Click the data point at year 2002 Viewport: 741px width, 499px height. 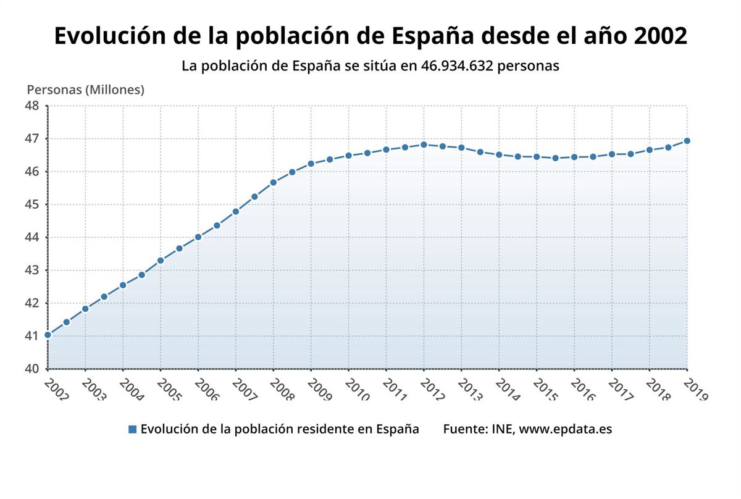[x=48, y=335]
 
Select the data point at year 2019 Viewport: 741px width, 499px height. [x=687, y=141]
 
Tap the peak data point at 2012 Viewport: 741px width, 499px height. [x=424, y=145]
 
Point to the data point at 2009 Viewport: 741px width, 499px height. [x=311, y=164]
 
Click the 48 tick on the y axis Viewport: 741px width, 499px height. [x=32, y=106]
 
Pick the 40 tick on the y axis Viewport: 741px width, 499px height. [x=32, y=369]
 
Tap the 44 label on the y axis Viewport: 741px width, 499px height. [x=32, y=237]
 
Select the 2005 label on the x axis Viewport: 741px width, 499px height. [x=169, y=390]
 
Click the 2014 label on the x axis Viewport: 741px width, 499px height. [x=508, y=390]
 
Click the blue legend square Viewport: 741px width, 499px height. [x=132, y=429]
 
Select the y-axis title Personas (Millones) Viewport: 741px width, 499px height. [x=85, y=90]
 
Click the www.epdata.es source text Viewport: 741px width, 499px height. [x=565, y=429]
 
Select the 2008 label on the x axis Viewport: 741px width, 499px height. [x=282, y=390]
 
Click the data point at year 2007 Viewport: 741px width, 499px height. [x=235, y=211]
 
